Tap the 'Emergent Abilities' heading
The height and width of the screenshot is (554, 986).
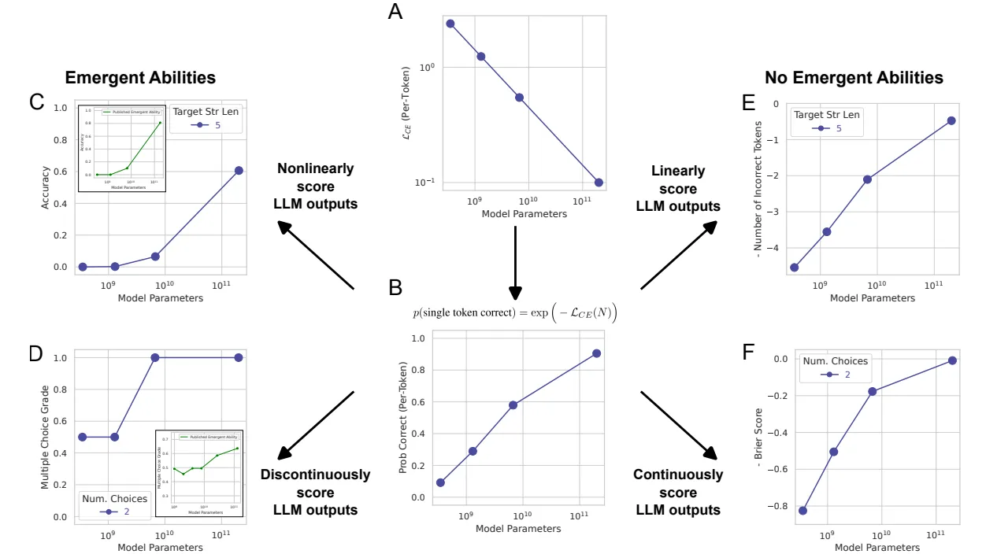(x=140, y=77)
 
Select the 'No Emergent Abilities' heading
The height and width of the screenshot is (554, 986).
(x=854, y=77)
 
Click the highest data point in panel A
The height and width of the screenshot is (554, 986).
(x=450, y=24)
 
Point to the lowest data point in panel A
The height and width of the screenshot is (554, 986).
(x=599, y=183)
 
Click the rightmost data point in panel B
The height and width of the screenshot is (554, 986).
(x=596, y=353)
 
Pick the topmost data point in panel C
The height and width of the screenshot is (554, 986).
(x=239, y=171)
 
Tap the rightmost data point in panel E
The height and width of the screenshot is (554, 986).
(x=951, y=120)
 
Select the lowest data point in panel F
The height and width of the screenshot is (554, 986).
(x=803, y=511)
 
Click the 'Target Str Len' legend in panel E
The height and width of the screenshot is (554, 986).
(x=826, y=121)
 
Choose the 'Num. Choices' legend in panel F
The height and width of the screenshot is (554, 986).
(x=835, y=367)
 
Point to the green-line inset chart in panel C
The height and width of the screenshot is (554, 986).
(x=121, y=147)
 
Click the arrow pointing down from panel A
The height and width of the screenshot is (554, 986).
(x=516, y=264)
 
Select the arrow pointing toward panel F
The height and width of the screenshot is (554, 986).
(x=679, y=425)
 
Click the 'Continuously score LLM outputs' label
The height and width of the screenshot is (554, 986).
(x=678, y=493)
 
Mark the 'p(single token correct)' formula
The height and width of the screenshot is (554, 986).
(x=516, y=313)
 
